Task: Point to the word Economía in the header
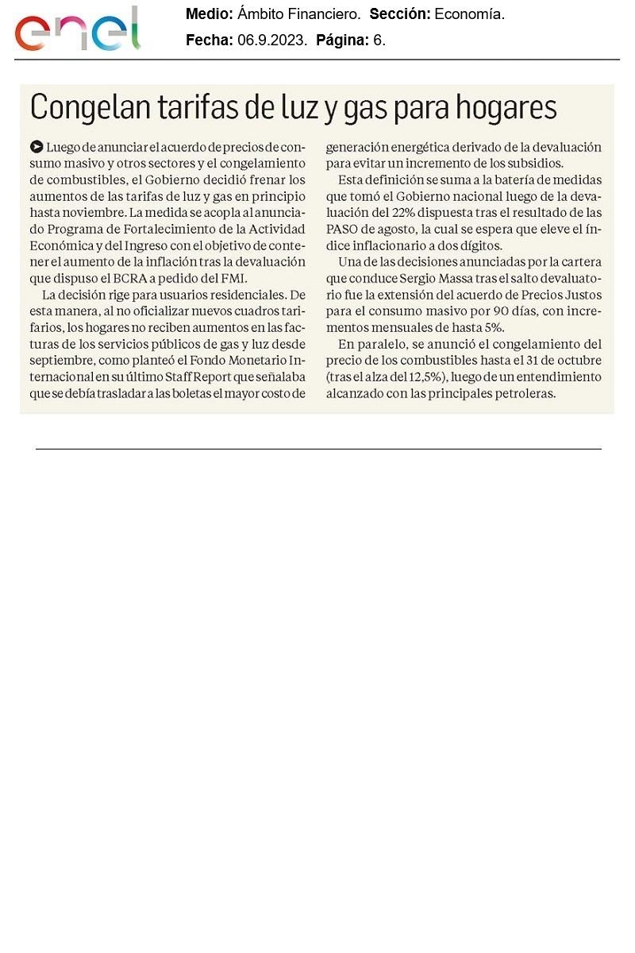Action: coord(469,14)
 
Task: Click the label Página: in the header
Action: coord(342,41)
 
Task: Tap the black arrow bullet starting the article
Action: coord(36,147)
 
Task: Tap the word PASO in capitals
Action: coord(353,229)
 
